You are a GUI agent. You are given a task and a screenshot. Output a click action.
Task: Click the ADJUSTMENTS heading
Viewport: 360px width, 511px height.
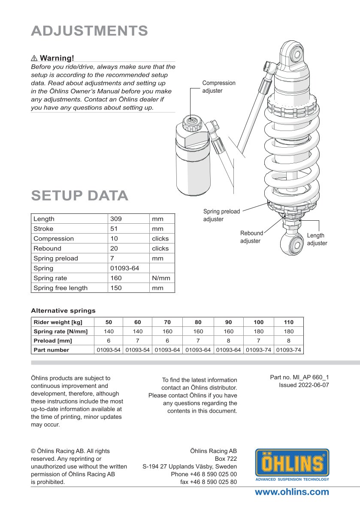[x=89, y=31]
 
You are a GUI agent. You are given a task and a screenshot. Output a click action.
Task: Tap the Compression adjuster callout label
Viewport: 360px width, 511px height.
[x=219, y=87]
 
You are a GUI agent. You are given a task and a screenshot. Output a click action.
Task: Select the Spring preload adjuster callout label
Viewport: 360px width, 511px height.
[x=221, y=215]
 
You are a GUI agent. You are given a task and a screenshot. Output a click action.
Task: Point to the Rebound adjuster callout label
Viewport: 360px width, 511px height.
[x=251, y=237]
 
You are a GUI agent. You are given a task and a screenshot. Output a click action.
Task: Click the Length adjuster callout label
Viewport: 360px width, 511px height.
[x=317, y=239]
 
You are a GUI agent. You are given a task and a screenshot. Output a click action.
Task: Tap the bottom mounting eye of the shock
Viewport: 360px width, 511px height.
[x=296, y=245]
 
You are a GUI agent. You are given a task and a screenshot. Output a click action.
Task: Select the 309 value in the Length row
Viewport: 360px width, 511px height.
[x=116, y=219]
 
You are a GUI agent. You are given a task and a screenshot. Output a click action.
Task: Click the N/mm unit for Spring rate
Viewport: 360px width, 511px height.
[x=161, y=278]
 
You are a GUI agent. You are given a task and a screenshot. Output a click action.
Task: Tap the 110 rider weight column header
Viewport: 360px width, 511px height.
[x=289, y=322]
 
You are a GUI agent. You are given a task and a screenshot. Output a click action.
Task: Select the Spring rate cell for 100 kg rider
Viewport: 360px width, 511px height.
[x=258, y=332]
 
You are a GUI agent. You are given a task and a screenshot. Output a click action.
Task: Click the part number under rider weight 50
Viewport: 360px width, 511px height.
[x=108, y=350]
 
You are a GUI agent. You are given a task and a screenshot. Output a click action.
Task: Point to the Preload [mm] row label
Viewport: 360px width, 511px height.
[x=53, y=341]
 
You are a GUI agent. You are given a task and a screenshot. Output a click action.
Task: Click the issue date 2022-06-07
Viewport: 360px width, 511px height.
[x=304, y=385]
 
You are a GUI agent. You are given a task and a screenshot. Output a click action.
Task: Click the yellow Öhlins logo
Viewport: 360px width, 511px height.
[x=292, y=464]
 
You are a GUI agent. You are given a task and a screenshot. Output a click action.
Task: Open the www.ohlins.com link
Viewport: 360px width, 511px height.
[x=292, y=492]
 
